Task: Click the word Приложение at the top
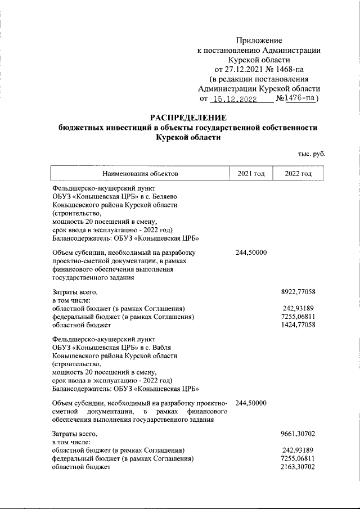259,40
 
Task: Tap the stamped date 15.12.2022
233,99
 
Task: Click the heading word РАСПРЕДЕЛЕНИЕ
188,118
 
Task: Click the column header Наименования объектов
140,174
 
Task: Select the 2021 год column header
251,174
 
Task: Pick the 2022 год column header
298,174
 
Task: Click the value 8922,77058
298,292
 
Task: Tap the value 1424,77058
298,325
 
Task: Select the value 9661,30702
298,434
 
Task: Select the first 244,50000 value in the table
251,253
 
